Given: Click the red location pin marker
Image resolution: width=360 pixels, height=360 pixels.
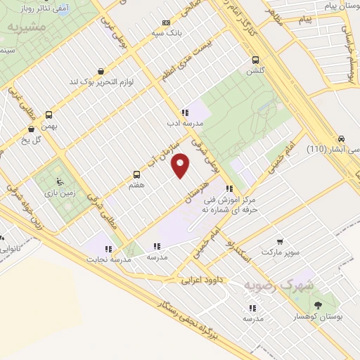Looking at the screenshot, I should click(x=181, y=165).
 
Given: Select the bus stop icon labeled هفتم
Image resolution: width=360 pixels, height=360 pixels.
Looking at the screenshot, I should click(x=137, y=174).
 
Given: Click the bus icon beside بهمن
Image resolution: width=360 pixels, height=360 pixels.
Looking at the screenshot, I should click(x=49, y=115).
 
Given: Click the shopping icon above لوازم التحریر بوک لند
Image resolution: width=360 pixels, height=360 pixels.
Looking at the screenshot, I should click(x=102, y=71).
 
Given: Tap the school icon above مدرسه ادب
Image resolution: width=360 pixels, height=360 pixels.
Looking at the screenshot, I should click(x=184, y=112).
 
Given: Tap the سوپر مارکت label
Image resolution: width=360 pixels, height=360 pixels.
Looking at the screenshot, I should click(x=281, y=251).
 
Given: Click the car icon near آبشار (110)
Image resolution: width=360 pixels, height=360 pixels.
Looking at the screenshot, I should click(x=341, y=138).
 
